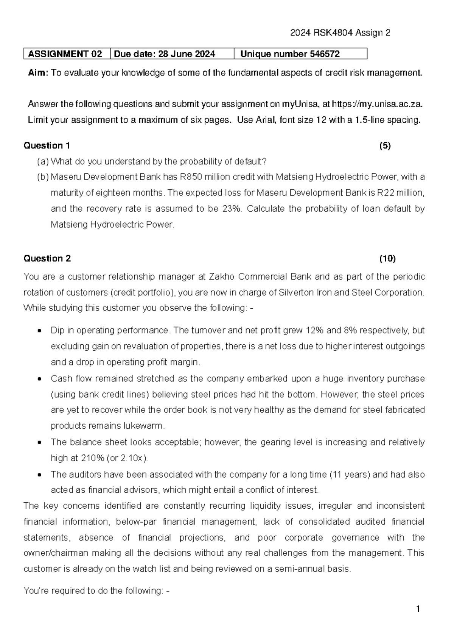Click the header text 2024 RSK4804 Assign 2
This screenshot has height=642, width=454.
click(x=340, y=33)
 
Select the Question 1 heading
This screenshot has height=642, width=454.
click(x=47, y=146)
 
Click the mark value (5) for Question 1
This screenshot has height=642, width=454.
click(x=385, y=146)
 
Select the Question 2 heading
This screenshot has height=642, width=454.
click(x=47, y=259)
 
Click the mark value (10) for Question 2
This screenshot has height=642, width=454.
click(x=387, y=259)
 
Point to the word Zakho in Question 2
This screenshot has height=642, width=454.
click(x=219, y=277)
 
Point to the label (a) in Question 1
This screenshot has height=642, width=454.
click(x=43, y=162)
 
